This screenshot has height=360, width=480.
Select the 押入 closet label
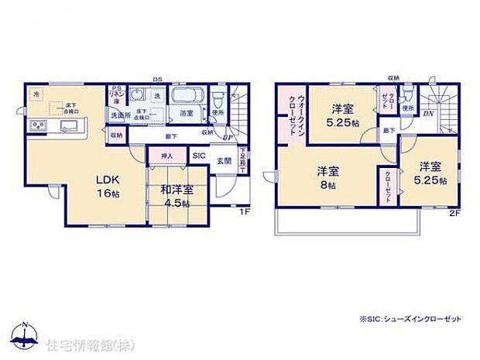pos(167,156)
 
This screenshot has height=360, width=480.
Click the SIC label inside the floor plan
pos(198,156)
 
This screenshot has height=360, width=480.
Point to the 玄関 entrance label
pos(223,160)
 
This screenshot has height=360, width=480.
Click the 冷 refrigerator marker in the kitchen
pos(35,94)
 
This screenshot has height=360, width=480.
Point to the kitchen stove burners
pos(39,126)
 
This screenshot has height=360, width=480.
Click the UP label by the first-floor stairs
pos(227,138)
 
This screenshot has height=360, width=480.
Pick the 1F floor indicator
pos(242,211)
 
